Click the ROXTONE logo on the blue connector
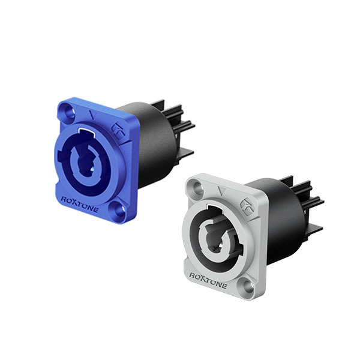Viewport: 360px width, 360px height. (x=79, y=205)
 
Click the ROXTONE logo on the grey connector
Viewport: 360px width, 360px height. (x=208, y=280)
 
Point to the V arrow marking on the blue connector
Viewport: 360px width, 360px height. (x=92, y=115)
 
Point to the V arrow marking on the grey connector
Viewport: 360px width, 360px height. (x=221, y=191)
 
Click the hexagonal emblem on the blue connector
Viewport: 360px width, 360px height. (x=118, y=130)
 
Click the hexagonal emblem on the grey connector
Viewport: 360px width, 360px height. (x=247, y=206)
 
